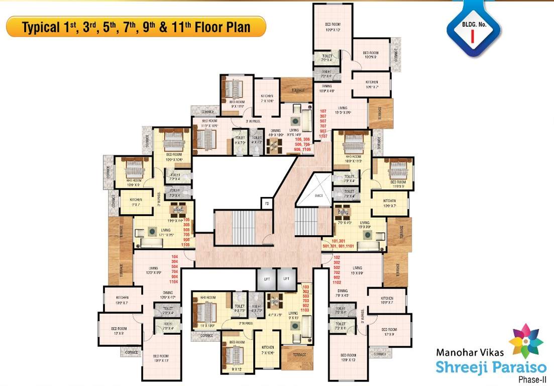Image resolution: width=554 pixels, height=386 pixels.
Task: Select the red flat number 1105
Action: pyautogui.click(x=187, y=244)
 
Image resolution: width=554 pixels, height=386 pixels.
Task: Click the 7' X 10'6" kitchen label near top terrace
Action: pyautogui.click(x=267, y=99)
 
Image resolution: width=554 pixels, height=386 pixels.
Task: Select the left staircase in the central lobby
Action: pyautogui.click(x=235, y=227)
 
